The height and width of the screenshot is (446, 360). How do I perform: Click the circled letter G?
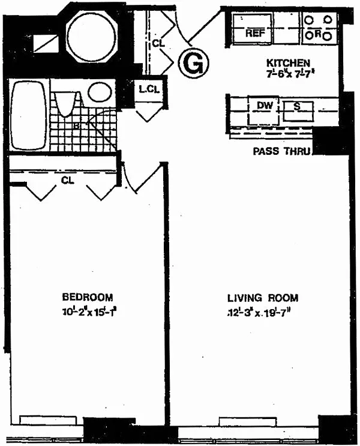(192, 62)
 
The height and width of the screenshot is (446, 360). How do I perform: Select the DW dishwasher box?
(265, 106)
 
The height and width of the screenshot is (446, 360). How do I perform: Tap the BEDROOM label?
(88, 297)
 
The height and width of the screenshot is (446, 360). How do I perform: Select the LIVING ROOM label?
(262, 298)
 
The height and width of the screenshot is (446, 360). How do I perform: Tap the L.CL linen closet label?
(148, 91)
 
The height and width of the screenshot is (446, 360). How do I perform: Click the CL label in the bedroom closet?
(67, 180)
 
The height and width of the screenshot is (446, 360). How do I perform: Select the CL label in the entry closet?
(158, 43)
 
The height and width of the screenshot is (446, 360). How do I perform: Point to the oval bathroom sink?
(99, 93)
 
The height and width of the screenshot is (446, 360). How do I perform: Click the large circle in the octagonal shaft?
(91, 36)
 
